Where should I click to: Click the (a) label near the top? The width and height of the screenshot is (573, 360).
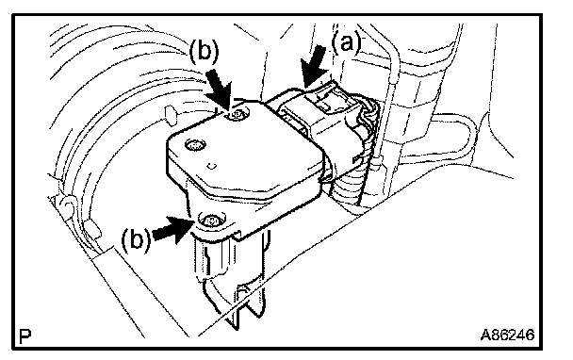click(347, 43)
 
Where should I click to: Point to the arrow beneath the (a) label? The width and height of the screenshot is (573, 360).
click(314, 66)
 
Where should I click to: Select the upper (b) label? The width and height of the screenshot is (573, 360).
click(204, 52)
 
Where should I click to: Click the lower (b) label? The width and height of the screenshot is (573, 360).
click(136, 240)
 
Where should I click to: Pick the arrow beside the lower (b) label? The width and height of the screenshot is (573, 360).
click(172, 229)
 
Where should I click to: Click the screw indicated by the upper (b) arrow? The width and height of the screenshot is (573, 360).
click(237, 115)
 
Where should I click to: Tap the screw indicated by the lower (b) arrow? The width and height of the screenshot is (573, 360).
click(211, 221)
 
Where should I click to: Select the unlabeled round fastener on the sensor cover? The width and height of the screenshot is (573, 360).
click(194, 145)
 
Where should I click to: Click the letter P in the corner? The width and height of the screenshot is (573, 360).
click(25, 335)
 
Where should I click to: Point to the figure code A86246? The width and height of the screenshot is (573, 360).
click(507, 335)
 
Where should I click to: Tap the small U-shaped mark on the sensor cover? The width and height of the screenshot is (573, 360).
click(211, 166)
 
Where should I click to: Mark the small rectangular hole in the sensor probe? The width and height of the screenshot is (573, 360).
click(240, 293)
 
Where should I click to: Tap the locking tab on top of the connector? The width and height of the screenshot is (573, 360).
click(325, 103)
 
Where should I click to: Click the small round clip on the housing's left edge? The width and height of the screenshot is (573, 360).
click(66, 204)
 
